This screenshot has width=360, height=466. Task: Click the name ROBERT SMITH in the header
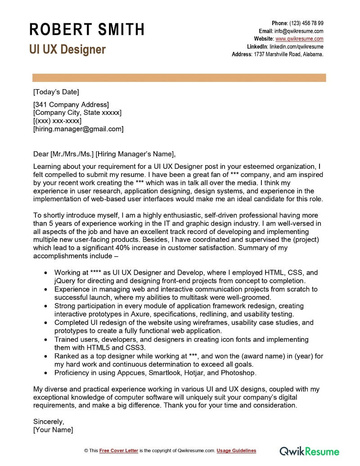pos(87,29)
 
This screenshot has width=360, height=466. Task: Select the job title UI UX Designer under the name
pos(67,49)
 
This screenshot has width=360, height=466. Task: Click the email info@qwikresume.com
pos(299,31)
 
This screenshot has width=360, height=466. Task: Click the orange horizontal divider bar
pos(179,78)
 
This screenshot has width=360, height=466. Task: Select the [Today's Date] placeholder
pos(56,92)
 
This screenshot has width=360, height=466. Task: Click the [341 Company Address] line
pos(71,105)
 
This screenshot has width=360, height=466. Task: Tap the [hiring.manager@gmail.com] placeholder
pos(78,129)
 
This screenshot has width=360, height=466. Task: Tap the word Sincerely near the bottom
pos(49,422)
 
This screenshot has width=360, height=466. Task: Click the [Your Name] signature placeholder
pos(53,430)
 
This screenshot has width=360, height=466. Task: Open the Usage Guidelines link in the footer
pos(236,451)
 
